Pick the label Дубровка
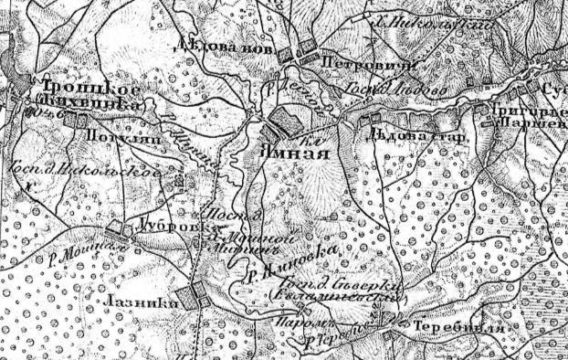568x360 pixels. [167, 221]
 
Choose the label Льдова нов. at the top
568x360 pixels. [215, 42]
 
